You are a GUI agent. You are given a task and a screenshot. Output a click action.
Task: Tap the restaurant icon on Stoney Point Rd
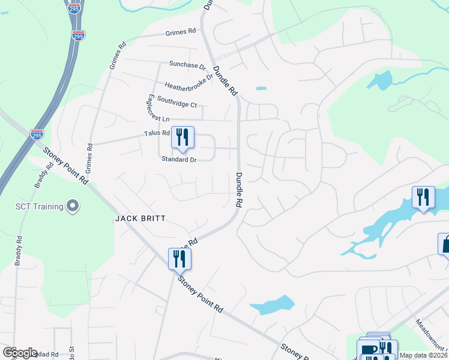pyautogui.click(x=179, y=259)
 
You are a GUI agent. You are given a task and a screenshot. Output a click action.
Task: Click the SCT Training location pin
pyautogui.click(x=73, y=206)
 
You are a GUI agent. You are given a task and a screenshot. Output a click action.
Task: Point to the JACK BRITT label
pyautogui.click(x=140, y=219)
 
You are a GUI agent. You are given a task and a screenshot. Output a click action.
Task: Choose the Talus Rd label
pyautogui.click(x=157, y=133)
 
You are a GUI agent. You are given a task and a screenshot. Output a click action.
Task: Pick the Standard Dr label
pyautogui.click(x=179, y=159)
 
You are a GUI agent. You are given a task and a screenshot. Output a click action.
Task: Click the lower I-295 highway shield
pyautogui.click(x=37, y=134)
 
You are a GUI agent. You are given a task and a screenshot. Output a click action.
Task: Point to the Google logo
pyautogui.click(x=20, y=353)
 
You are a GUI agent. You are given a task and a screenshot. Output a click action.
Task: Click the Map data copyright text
pyautogui.click(x=424, y=355)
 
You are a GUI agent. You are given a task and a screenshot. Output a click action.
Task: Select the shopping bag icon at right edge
pyautogui.click(x=445, y=245)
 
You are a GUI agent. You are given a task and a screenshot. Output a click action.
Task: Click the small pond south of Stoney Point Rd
pyautogui.click(x=273, y=305)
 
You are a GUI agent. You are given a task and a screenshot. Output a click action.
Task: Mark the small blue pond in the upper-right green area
pyautogui.click(x=382, y=80)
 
